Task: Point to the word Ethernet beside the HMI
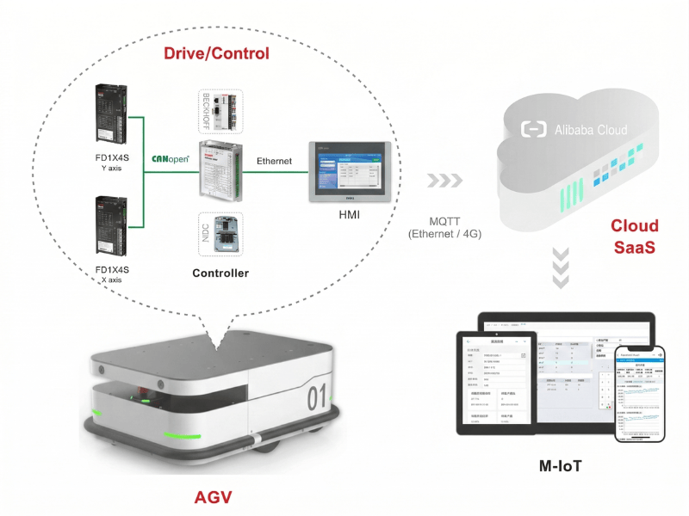tap(274, 161)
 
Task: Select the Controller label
tap(220, 273)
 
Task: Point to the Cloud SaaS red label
tap(635, 237)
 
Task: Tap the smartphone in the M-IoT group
tap(639, 393)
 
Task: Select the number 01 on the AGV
tap(316, 398)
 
